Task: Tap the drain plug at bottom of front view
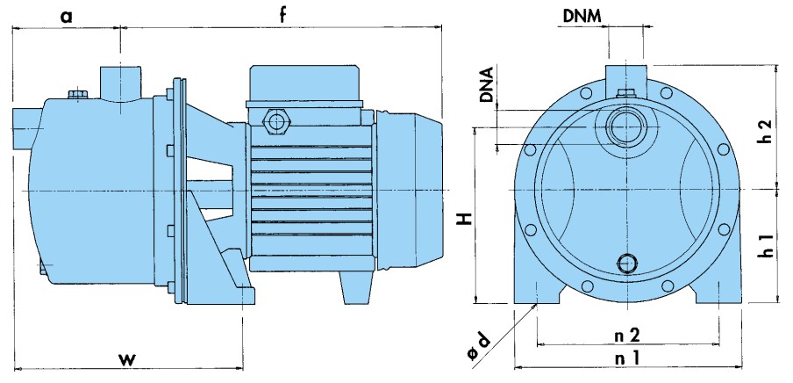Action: (x=628, y=262)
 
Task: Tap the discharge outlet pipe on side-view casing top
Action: (x=120, y=81)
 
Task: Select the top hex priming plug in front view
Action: (x=625, y=94)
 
